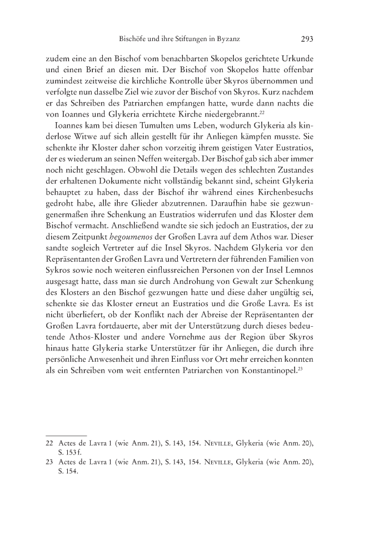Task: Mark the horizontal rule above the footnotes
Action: (66, 435)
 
